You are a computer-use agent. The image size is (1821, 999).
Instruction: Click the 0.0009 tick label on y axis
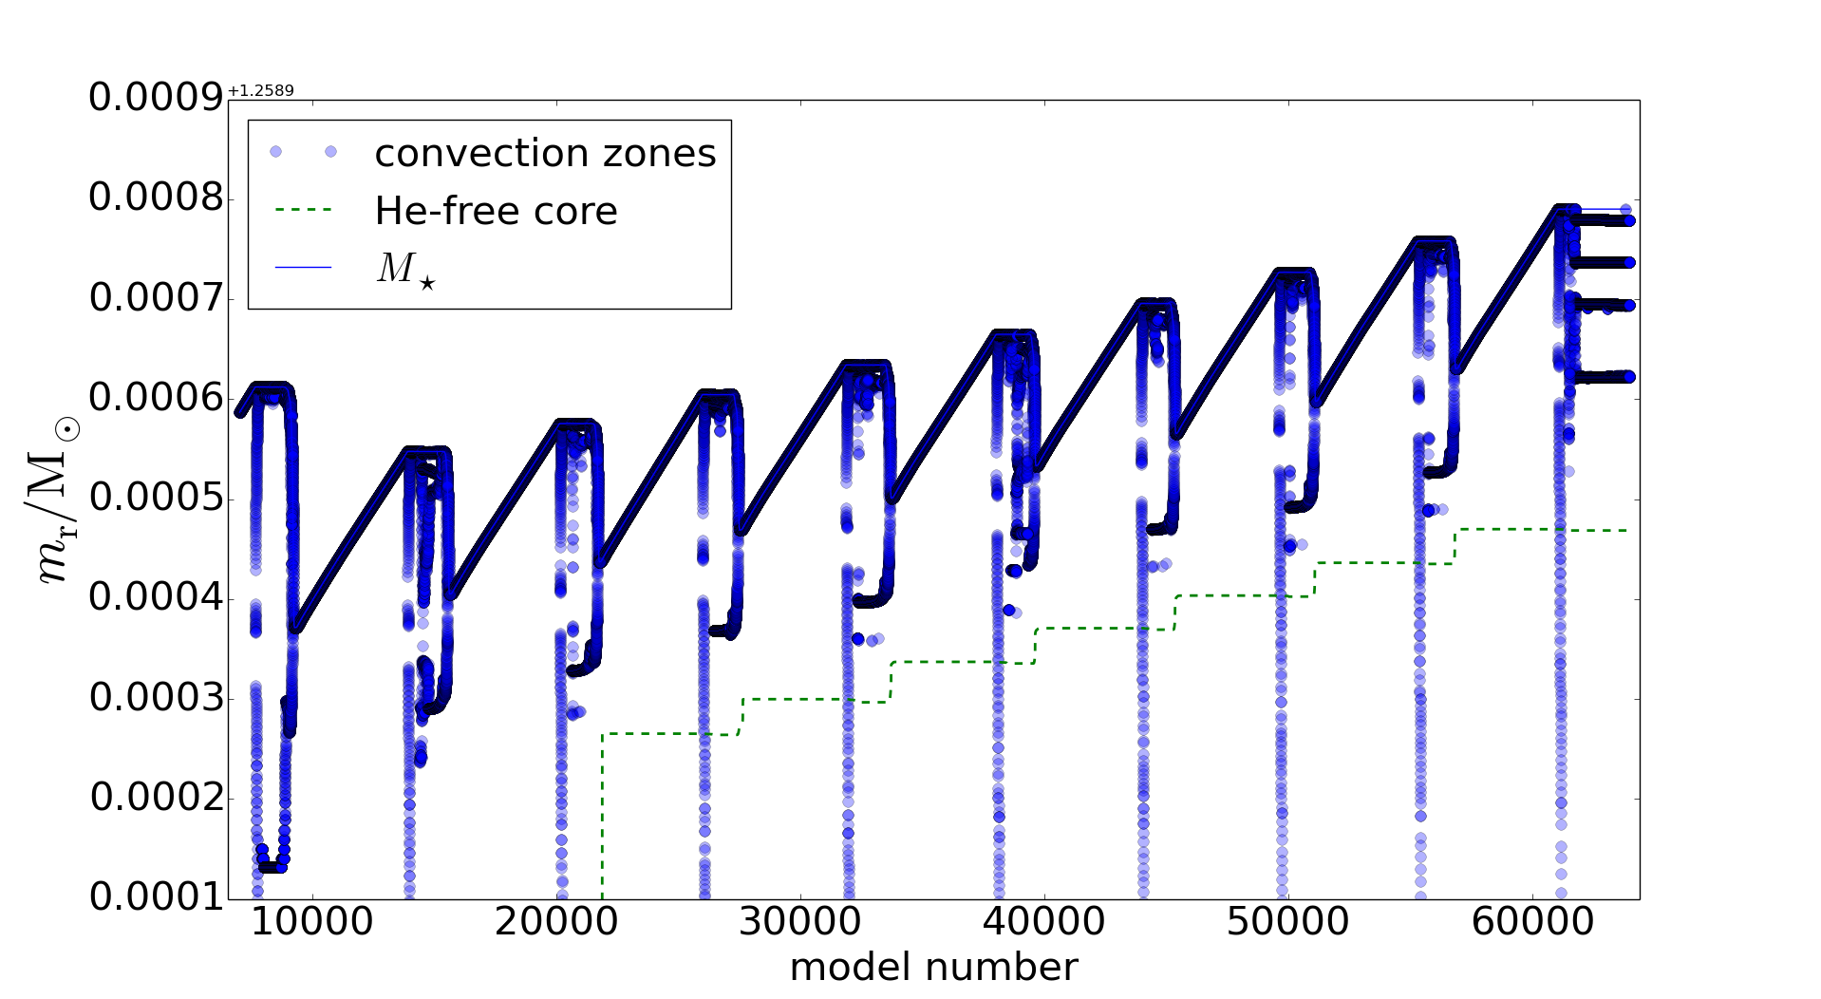(x=156, y=98)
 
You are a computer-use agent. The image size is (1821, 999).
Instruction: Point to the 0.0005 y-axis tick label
(x=156, y=499)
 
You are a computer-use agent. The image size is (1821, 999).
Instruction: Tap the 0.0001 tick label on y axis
(x=156, y=896)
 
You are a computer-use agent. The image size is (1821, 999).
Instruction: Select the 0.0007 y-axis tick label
(x=156, y=298)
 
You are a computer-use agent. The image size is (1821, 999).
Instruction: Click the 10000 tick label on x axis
(x=312, y=922)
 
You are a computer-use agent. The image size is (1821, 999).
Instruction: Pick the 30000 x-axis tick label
(x=800, y=922)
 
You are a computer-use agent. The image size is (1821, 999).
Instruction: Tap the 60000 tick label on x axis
(x=1532, y=922)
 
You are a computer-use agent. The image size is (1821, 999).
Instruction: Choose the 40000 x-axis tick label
(x=1044, y=922)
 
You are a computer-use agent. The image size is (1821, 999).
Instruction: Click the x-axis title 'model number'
(x=933, y=968)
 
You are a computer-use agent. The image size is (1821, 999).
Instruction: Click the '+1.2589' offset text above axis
(x=261, y=91)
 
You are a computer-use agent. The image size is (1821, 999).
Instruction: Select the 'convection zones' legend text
(x=545, y=154)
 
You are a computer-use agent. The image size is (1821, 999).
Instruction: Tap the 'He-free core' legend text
(x=496, y=211)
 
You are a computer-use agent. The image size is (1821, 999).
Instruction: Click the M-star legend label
(x=406, y=270)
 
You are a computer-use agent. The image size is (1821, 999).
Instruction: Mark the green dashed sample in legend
(x=303, y=210)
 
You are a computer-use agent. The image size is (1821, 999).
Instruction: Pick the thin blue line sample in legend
(x=303, y=268)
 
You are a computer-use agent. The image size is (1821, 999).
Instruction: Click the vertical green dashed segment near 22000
(x=602, y=817)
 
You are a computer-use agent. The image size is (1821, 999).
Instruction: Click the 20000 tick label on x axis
(x=556, y=922)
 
